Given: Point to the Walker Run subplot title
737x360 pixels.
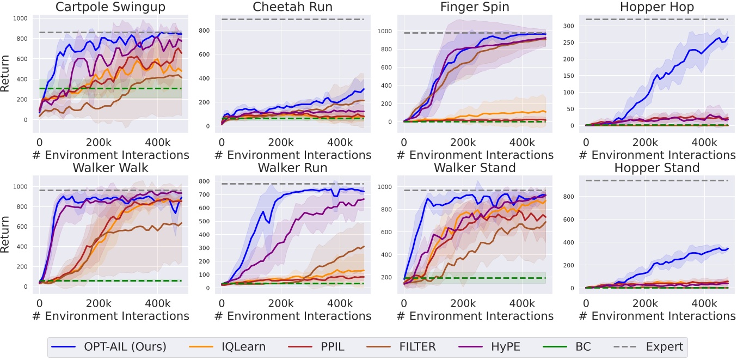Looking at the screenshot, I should click(x=292, y=167).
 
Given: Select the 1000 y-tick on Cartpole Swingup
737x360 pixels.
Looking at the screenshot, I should click(x=24, y=19).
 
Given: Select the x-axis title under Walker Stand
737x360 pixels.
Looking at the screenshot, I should click(x=475, y=316).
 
